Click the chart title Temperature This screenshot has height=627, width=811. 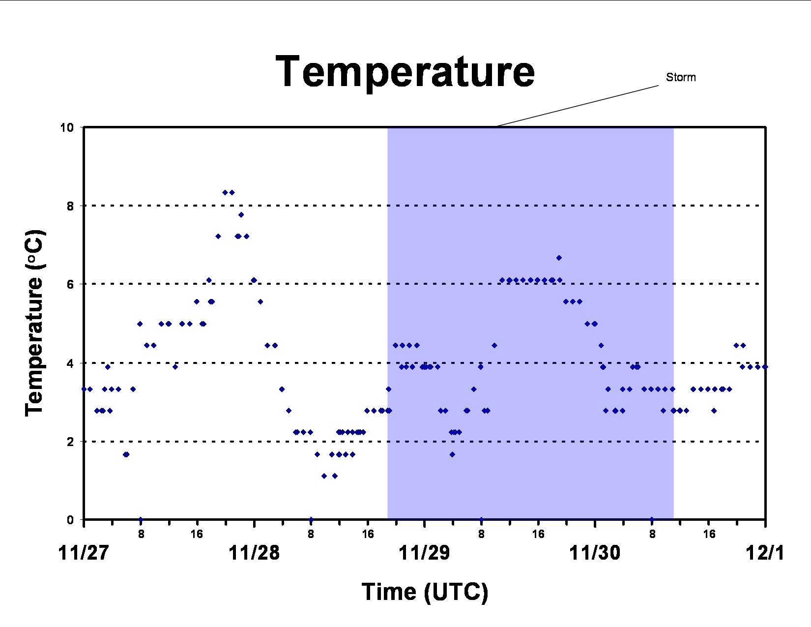point(405,72)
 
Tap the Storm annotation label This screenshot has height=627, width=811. point(681,77)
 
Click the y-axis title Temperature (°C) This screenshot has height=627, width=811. point(35,324)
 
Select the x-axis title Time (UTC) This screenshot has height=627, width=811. point(425,592)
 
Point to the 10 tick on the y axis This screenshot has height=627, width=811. point(67,127)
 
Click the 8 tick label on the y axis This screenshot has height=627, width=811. point(71,206)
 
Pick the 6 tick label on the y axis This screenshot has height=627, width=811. point(71,284)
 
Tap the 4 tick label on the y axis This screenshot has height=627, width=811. point(71,363)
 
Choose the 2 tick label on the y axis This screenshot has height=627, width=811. point(71,442)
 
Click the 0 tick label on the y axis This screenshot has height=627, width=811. point(71,520)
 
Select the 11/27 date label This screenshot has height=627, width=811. point(84,553)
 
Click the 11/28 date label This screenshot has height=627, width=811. point(254,553)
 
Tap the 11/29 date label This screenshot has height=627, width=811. point(424,553)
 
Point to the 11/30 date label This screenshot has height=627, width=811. point(595,553)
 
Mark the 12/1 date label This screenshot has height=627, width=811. point(765,553)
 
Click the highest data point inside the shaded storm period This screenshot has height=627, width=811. point(559,258)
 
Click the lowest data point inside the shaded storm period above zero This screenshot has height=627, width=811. point(452,454)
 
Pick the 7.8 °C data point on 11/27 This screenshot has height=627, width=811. point(241,215)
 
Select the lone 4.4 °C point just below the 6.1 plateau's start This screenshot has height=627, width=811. point(494,345)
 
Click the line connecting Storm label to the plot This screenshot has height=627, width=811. point(578,106)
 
